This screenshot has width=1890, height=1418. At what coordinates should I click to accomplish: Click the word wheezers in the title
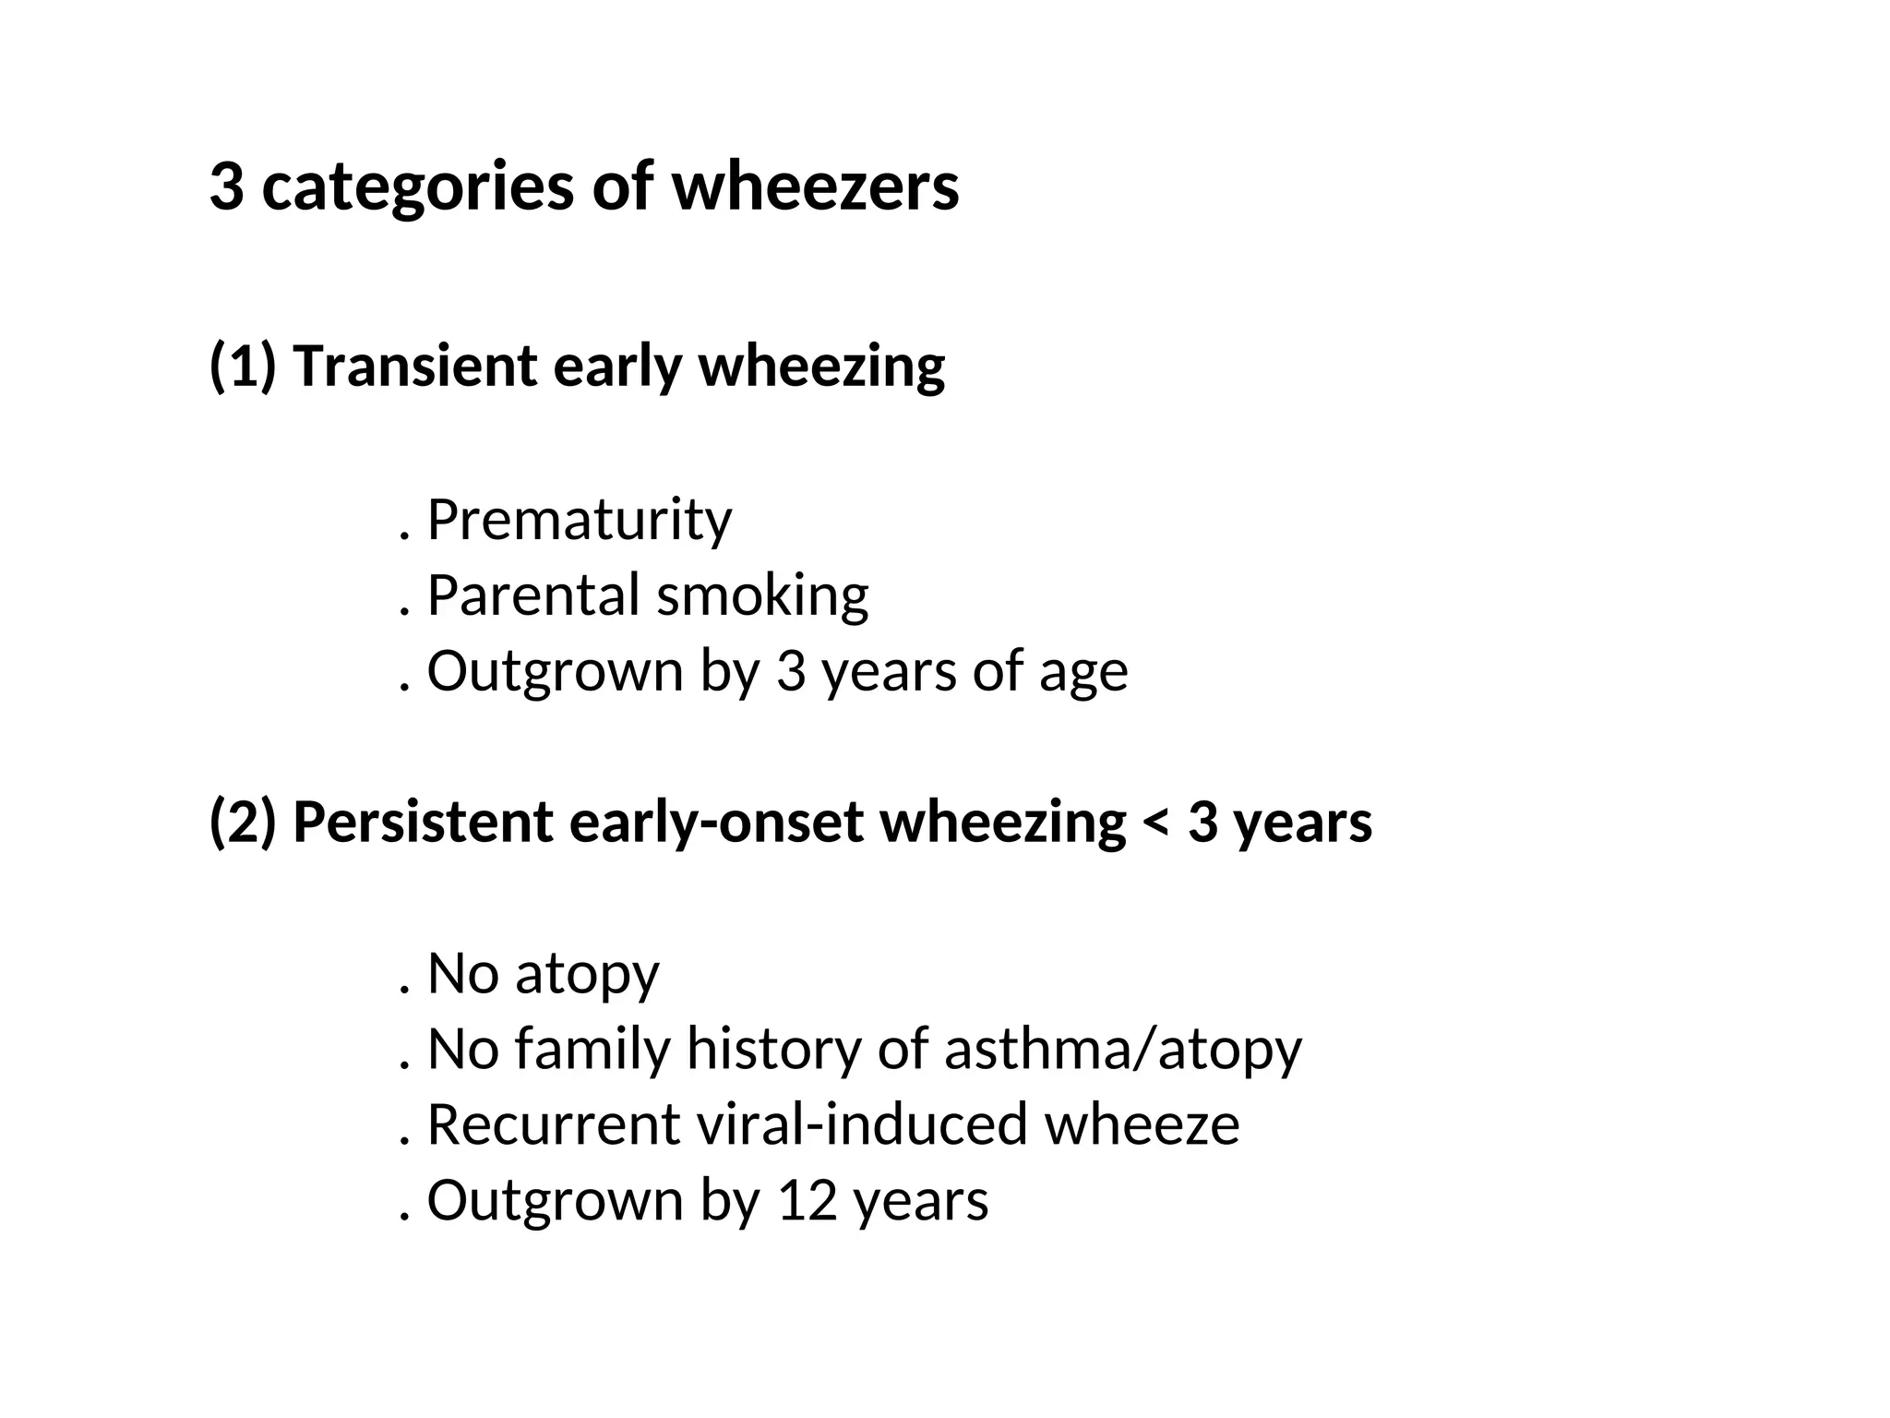click(815, 187)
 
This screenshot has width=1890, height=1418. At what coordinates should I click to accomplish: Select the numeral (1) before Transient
click(243, 367)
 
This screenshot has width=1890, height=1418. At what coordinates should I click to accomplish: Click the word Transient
click(414, 366)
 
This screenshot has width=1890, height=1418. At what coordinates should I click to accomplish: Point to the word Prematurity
click(580, 521)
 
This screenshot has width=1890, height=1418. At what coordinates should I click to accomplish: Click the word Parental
click(533, 595)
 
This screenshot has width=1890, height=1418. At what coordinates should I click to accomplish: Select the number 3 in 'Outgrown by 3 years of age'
click(791, 671)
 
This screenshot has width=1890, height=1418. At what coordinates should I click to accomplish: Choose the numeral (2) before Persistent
click(243, 822)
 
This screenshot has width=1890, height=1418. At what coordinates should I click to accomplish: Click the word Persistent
click(423, 822)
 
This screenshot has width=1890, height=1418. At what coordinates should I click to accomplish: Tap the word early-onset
click(716, 822)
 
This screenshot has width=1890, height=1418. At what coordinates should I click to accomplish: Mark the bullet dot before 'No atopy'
click(404, 991)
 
